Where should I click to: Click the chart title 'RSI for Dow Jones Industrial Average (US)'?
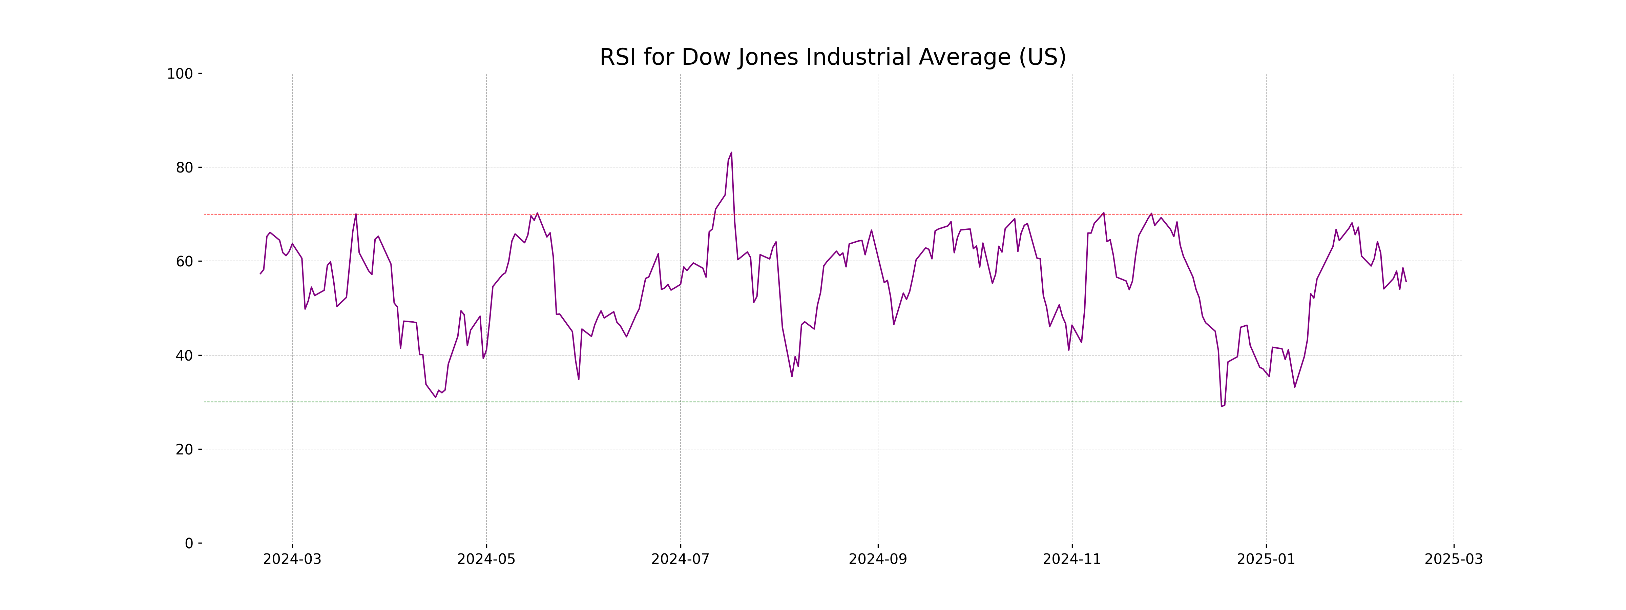833,58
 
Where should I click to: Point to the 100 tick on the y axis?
180,74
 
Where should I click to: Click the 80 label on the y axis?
184,168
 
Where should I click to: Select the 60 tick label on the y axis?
184,261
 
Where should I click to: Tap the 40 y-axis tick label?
184,355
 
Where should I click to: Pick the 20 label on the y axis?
184,450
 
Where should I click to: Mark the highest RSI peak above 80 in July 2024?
731,153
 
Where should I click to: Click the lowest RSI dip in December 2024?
1222,406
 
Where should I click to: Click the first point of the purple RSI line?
260,273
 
